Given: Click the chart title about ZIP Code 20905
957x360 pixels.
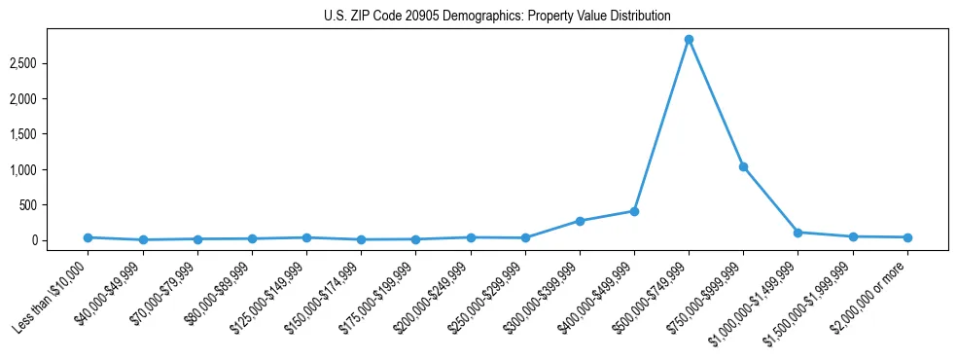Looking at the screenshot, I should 497,16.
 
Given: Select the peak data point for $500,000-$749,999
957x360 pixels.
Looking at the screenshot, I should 689,40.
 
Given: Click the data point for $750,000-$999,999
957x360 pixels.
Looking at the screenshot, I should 743,167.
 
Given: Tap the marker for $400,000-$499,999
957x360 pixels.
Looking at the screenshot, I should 634,211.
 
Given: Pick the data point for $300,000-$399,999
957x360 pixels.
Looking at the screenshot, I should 580,221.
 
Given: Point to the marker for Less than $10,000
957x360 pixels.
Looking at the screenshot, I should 89,237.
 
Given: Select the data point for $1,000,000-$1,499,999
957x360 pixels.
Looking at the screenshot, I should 797,233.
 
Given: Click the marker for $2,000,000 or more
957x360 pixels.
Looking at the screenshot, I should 906,237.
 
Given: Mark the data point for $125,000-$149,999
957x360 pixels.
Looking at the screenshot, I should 306,237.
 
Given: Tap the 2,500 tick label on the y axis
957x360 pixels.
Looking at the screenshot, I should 51,63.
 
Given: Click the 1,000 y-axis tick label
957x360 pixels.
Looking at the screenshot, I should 51,169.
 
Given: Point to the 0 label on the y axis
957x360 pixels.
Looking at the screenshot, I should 60,240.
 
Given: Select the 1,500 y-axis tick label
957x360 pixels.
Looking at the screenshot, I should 51,134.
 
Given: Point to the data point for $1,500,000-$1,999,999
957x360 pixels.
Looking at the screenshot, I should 852,236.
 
